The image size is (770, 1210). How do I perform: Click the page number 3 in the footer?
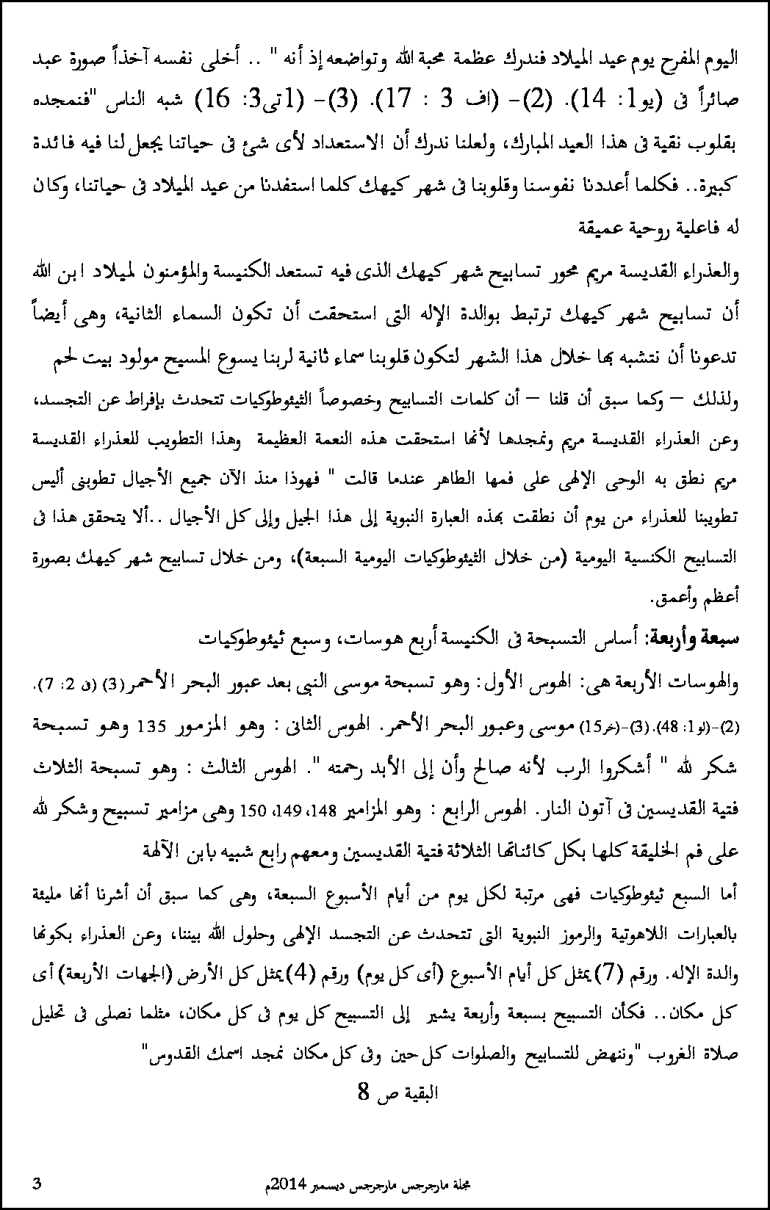tap(37, 1183)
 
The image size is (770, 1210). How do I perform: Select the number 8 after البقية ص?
tap(361, 1092)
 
